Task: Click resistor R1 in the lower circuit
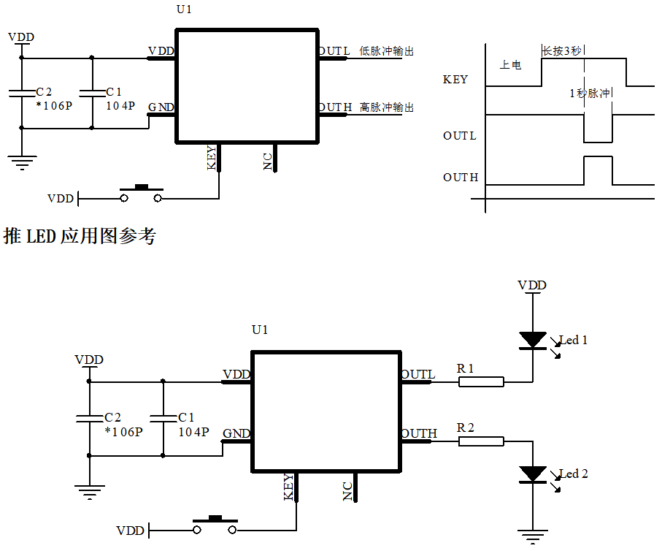coord(481,382)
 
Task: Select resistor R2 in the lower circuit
coord(481,441)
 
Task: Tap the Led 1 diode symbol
coord(533,341)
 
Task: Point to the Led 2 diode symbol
coord(533,474)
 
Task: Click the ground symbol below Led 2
coord(533,536)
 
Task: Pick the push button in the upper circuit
coord(141,194)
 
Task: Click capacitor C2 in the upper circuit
coord(22,93)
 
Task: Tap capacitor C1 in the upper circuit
coord(92,93)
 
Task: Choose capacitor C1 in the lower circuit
coord(163,419)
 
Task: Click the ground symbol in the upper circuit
coord(22,162)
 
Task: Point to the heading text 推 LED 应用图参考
coord(80,236)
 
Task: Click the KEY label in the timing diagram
coord(455,80)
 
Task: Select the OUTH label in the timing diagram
coord(461,177)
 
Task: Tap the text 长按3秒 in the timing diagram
coord(562,51)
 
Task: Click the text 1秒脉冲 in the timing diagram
coord(590,93)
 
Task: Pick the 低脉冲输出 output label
coord(386,51)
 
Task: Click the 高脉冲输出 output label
coord(386,107)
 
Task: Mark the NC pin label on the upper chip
coord(268,161)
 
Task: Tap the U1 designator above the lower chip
coord(260,330)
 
